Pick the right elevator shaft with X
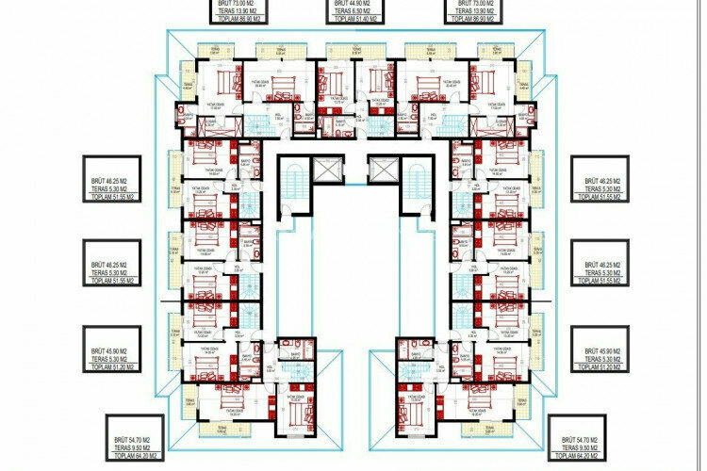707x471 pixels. click(x=384, y=171)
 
